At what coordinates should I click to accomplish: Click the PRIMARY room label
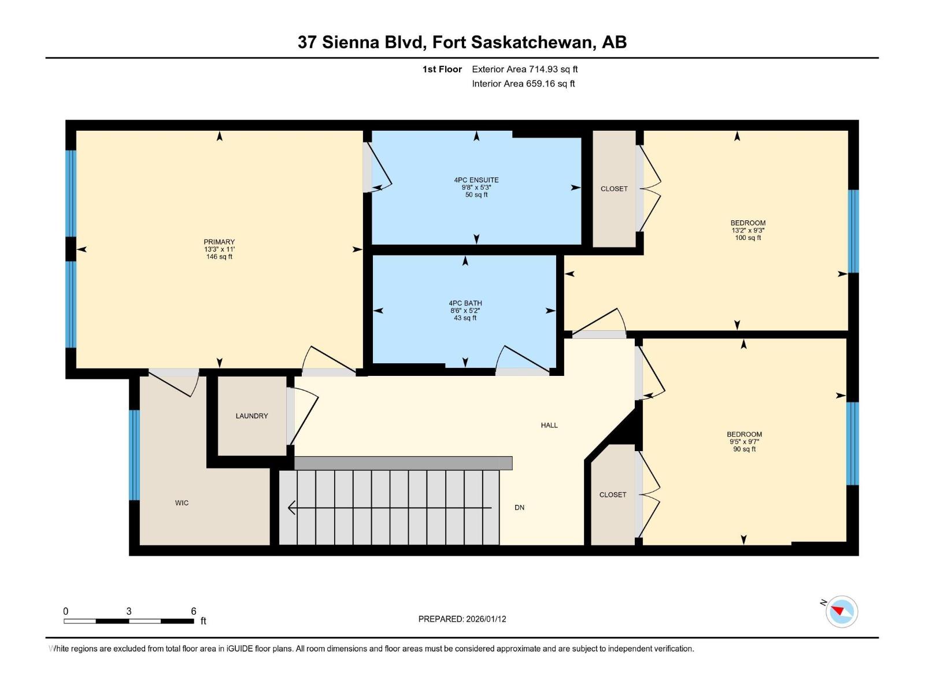coord(219,242)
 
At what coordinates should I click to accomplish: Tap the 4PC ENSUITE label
coord(476,180)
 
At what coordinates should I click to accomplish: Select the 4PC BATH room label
coord(465,303)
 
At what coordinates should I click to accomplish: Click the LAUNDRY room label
coord(251,416)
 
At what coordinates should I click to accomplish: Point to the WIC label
coord(182,503)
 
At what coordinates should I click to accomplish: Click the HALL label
coord(549,425)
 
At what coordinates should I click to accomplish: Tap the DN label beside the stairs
coord(519,508)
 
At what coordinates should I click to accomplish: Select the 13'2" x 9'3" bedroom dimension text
coord(748,230)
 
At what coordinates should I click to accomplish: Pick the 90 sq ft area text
coord(744,449)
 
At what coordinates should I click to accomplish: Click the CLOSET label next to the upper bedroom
coord(613,189)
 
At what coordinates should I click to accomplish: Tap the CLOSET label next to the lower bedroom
coord(612,495)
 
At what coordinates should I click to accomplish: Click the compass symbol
coord(841,611)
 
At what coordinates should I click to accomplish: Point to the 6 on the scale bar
coord(194,611)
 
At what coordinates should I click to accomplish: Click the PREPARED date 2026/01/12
coord(485,619)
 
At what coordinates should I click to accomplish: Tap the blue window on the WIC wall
coord(134,455)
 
